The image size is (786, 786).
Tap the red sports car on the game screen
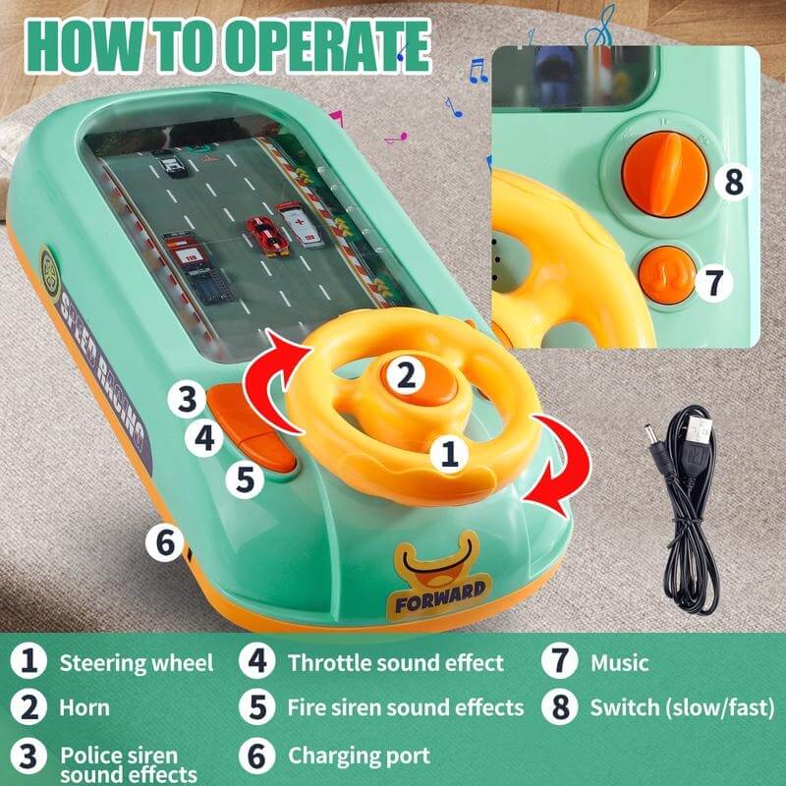click(x=262, y=235)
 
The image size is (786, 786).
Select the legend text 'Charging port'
click(x=359, y=756)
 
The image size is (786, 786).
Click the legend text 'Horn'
click(x=84, y=706)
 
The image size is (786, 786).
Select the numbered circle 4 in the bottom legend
click(x=255, y=662)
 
